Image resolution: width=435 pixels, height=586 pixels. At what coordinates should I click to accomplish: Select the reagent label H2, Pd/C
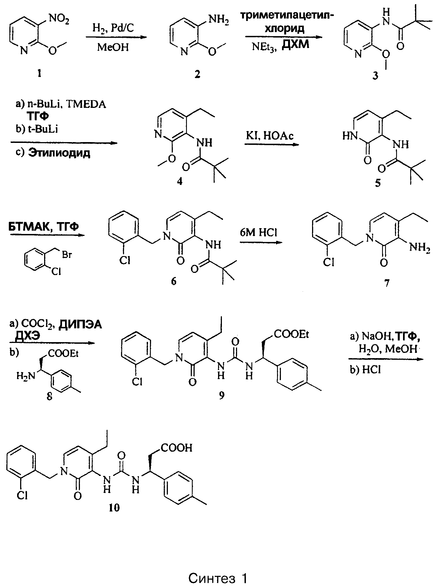click(113, 28)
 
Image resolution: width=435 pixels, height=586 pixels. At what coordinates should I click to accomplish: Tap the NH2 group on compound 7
click(419, 248)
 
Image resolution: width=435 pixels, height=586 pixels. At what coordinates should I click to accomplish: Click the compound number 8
click(50, 397)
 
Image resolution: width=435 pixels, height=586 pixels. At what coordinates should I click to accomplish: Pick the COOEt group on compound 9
click(291, 334)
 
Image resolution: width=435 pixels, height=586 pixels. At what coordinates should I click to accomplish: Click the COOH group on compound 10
click(176, 448)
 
